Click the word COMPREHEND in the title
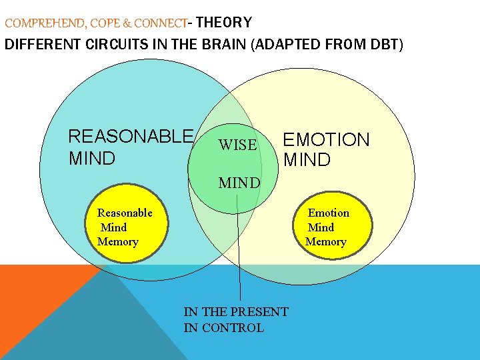[44, 24]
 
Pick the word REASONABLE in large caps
[131, 137]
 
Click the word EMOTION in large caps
[326, 140]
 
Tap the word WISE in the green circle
[237, 145]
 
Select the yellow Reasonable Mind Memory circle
[127, 227]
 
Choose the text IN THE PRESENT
[236, 312]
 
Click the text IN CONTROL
[224, 328]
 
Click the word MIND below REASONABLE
[92, 159]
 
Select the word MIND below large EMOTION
[307, 160]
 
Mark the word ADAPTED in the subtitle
[286, 46]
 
